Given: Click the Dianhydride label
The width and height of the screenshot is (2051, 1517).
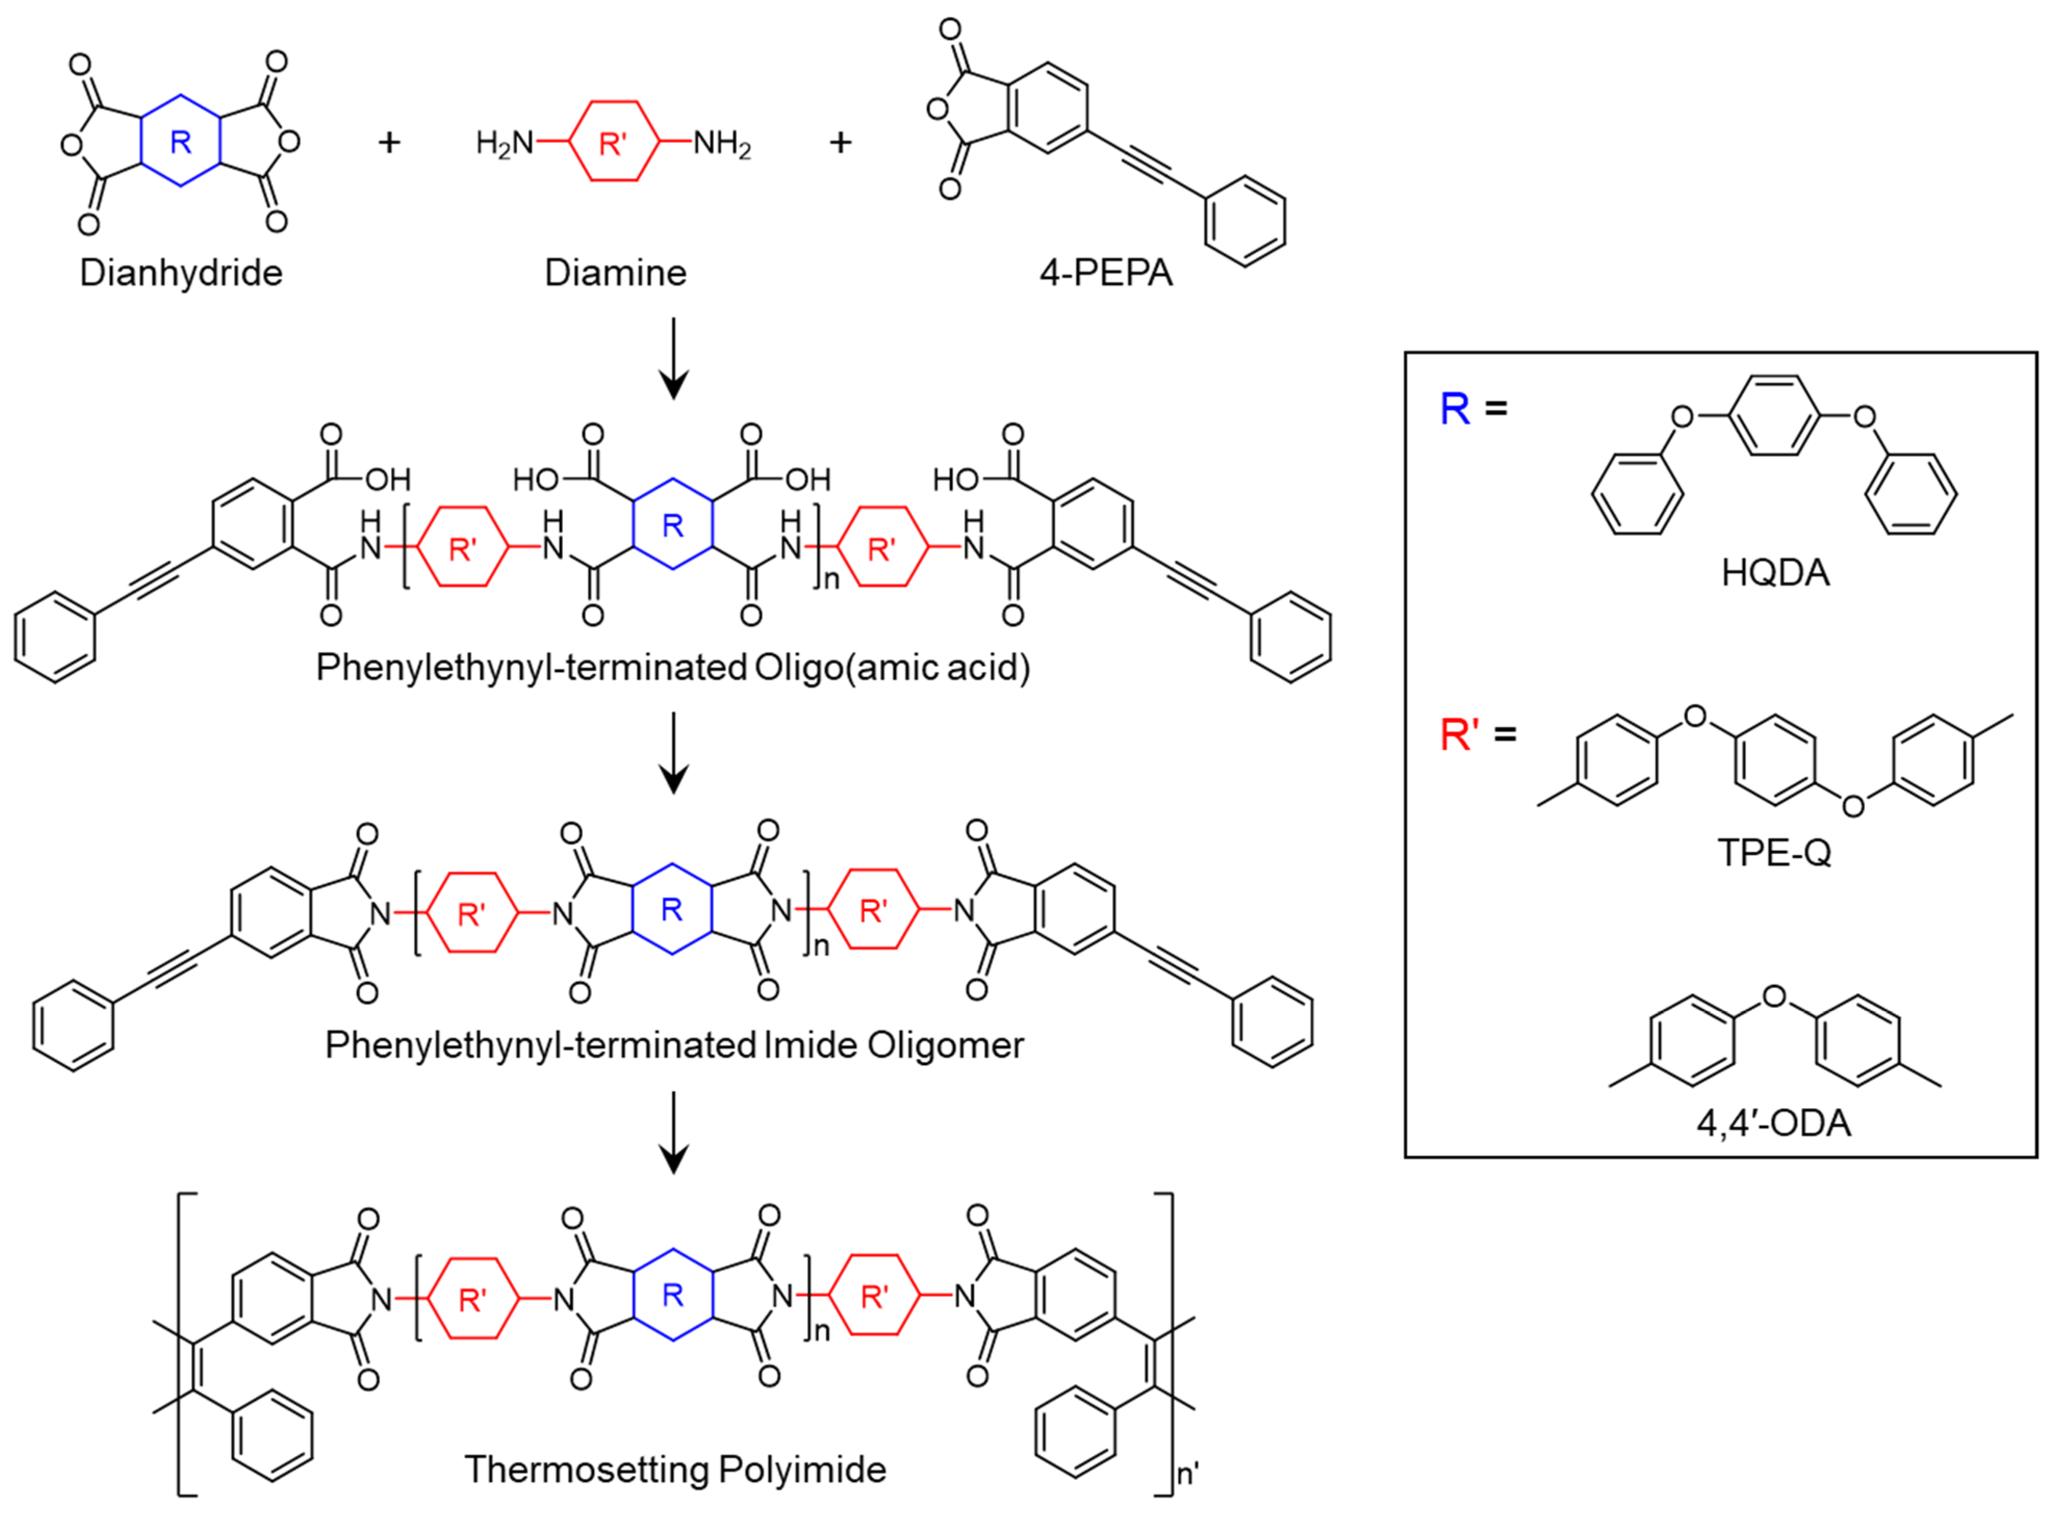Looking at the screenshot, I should coord(181,273).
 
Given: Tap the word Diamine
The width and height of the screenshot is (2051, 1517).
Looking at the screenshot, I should coord(616,273).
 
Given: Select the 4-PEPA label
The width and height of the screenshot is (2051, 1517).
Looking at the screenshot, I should coord(1106,273).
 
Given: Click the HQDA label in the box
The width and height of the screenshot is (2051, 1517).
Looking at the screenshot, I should coord(1775,573).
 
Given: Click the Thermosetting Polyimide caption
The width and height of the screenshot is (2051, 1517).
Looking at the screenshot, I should coord(675,1469).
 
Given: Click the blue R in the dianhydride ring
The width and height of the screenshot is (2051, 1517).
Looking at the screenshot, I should coord(181,142).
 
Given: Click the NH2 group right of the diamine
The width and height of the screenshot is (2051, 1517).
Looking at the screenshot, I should coord(722,144).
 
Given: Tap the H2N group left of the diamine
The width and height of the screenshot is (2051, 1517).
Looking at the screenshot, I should coord(504,144).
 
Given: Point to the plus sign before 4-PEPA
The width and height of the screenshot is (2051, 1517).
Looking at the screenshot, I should coord(840,142).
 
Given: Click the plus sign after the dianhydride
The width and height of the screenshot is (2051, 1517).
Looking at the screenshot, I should coord(390,142).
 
